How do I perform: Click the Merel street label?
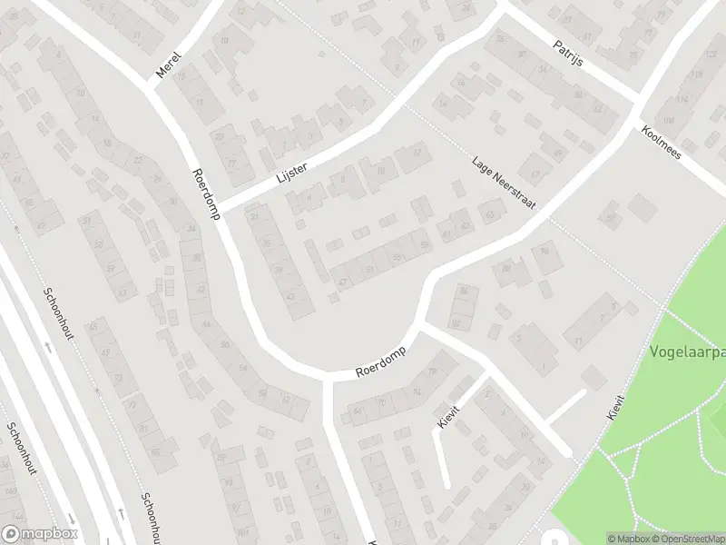coord(170,64)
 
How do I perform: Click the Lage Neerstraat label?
coord(503,185)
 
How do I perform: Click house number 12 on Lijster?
coord(417,153)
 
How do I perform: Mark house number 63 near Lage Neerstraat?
coord(491,214)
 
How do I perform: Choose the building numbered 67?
coord(535,176)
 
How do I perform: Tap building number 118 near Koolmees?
coord(669,121)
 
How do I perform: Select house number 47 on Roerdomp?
coord(342,282)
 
